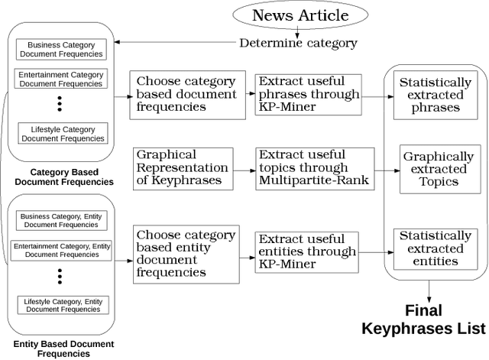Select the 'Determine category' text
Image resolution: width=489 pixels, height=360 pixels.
[x=298, y=43]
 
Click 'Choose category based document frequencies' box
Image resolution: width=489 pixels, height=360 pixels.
[x=180, y=94]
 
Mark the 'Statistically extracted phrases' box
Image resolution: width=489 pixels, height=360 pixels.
[x=436, y=95]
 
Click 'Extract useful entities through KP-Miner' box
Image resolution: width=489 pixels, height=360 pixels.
[x=306, y=251]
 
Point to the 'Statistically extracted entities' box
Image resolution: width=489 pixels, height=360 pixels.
[x=436, y=248]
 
